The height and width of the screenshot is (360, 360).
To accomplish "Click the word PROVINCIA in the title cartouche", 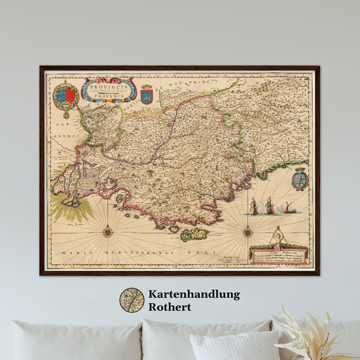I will click(x=103, y=87).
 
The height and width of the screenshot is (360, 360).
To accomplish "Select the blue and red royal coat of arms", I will click(x=66, y=95).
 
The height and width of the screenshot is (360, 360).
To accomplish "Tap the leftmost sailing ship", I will click(x=254, y=206).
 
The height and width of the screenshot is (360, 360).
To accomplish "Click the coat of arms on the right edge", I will click(x=301, y=180).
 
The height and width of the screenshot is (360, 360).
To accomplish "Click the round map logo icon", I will click(x=132, y=301).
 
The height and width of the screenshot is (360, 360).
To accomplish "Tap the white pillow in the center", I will click(x=234, y=345).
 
